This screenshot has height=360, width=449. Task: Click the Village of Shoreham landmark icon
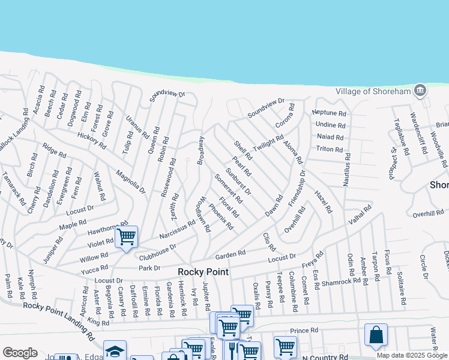tap(420, 91)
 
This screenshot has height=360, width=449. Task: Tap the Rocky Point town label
tap(202, 272)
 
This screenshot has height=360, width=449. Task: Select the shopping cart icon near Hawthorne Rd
tap(126, 238)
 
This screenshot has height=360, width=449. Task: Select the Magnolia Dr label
tap(131, 182)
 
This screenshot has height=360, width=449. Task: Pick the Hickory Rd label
tap(91, 142)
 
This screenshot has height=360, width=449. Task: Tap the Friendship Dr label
tap(296, 188)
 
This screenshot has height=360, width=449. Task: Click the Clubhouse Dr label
tap(157, 252)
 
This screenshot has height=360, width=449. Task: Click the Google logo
tap(20, 353)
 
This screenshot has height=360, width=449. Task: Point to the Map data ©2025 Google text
tap(412, 355)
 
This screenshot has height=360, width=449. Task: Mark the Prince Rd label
tap(304, 331)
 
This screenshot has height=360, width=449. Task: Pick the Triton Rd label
tap(329, 149)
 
